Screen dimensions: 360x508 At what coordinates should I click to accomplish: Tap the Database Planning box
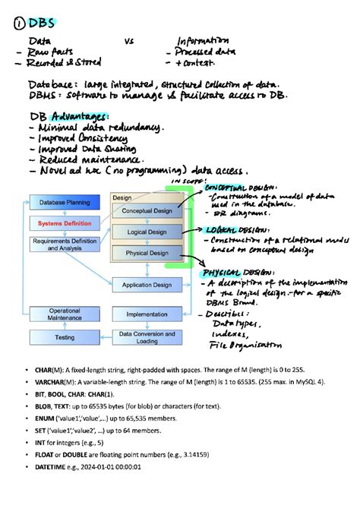[63, 202]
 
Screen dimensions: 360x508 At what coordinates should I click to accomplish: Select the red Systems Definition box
[63, 223]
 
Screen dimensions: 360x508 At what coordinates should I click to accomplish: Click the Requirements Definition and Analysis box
[63, 243]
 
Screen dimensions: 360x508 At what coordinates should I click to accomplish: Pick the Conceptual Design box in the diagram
[147, 211]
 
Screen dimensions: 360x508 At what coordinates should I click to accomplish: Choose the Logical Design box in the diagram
[147, 232]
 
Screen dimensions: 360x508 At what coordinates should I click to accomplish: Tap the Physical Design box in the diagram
[147, 253]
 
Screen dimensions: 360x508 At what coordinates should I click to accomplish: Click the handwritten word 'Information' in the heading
[202, 41]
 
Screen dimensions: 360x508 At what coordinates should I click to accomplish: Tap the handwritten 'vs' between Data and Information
[130, 41]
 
